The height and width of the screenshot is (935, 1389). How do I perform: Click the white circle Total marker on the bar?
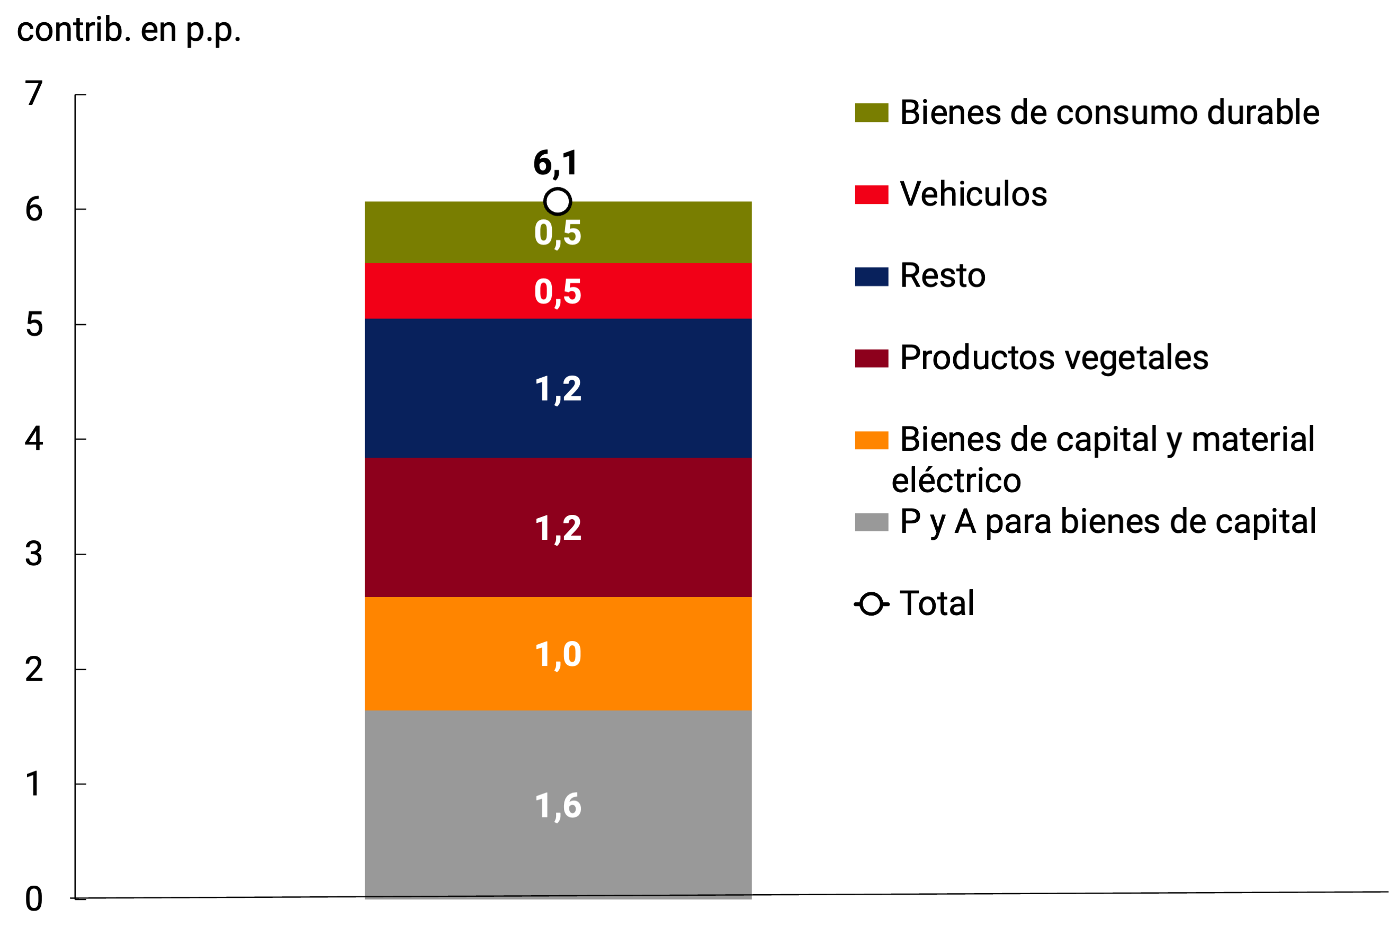click(558, 201)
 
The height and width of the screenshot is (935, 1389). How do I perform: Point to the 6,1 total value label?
click(555, 163)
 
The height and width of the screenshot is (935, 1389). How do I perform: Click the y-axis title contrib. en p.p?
click(129, 30)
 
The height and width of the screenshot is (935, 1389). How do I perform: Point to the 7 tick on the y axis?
click(34, 94)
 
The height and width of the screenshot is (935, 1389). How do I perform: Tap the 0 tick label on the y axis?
click(34, 898)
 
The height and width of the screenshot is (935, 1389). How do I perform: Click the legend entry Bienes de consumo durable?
click(1109, 112)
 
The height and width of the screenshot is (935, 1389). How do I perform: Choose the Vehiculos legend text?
click(973, 194)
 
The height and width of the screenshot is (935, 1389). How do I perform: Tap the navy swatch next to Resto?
click(871, 276)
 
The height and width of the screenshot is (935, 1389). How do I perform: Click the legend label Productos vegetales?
click(1053, 358)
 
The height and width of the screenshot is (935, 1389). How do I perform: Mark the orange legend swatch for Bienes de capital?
click(871, 440)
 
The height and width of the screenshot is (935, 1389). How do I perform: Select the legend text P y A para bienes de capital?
click(1108, 522)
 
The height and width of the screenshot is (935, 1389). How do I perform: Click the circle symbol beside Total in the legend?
click(871, 604)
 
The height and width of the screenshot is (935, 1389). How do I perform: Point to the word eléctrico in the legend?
click(956, 480)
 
